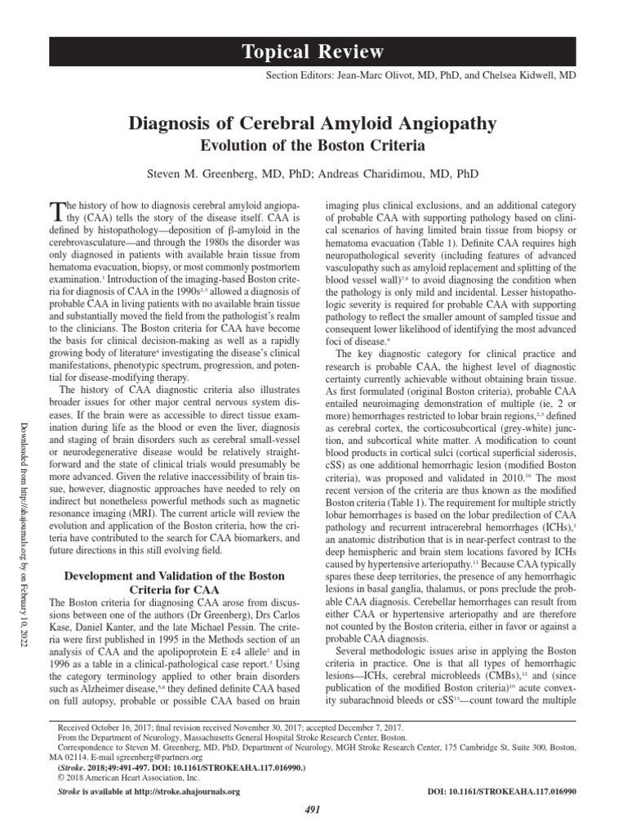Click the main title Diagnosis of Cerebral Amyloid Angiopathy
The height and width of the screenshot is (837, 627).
[313, 123]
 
